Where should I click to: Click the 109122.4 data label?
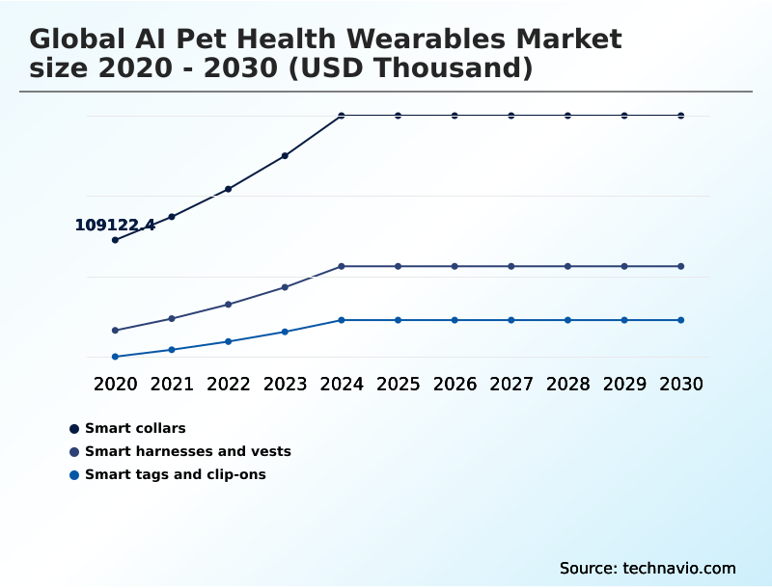pos(115,225)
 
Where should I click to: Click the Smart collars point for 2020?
pos(116,240)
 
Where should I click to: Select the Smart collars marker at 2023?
pos(285,155)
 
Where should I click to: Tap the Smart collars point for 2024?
pos(342,116)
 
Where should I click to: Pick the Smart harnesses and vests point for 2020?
pos(116,331)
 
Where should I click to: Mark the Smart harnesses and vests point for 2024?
pos(342,266)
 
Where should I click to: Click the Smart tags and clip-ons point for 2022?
pos(229,341)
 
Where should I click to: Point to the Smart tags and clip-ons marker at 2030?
pos(681,320)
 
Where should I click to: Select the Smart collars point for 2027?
pos(511,116)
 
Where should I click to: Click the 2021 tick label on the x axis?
pos(172,384)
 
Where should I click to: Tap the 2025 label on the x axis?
pos(398,384)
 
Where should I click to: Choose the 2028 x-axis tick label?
pos(567,384)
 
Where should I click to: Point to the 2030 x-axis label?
pos(681,384)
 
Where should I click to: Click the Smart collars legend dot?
pos(74,428)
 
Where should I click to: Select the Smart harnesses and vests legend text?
pos(187,451)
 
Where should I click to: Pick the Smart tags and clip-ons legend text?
pos(175,474)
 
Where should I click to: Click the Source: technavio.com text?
pos(648,568)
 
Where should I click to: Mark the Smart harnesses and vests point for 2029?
pos(624,266)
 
